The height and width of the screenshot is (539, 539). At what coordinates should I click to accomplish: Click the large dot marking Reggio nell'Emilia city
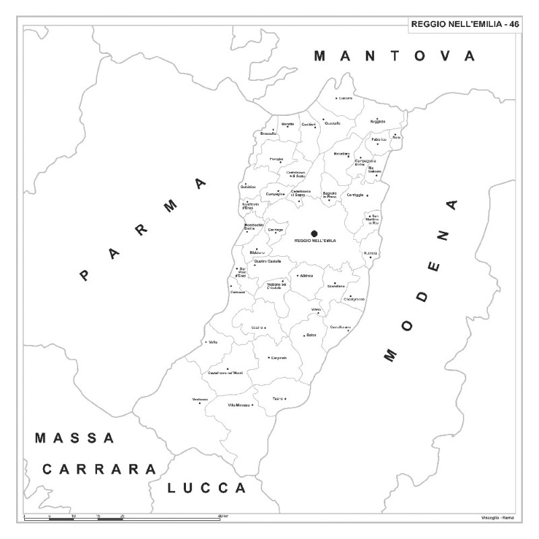tap(314, 233)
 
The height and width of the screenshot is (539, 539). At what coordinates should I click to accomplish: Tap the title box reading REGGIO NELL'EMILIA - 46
tap(465, 24)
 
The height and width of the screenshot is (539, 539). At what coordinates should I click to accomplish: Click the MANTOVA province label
tap(395, 56)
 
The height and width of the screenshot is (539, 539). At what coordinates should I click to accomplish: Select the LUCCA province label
tap(207, 487)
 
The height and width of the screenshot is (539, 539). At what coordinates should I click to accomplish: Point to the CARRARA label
tap(100, 469)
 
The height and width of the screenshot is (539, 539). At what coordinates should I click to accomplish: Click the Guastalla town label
tap(332, 123)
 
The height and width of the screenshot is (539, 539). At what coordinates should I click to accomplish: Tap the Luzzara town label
tap(346, 98)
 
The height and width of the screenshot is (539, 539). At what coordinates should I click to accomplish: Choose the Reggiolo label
tap(377, 121)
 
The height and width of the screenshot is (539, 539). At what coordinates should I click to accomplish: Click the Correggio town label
tap(355, 195)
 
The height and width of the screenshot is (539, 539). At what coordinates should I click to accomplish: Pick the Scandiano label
tap(336, 286)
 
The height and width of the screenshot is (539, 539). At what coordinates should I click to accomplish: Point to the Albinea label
tap(307, 276)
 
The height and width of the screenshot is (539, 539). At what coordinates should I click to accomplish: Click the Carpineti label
tap(279, 358)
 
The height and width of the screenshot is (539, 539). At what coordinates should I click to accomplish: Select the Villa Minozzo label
tap(239, 405)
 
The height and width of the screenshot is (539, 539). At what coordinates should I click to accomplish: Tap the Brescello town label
tap(268, 133)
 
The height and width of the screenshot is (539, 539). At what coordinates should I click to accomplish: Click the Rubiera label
tap(371, 253)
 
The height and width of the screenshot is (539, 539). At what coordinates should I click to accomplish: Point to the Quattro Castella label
tap(267, 261)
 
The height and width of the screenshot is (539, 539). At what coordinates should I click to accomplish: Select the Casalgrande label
tap(354, 299)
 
